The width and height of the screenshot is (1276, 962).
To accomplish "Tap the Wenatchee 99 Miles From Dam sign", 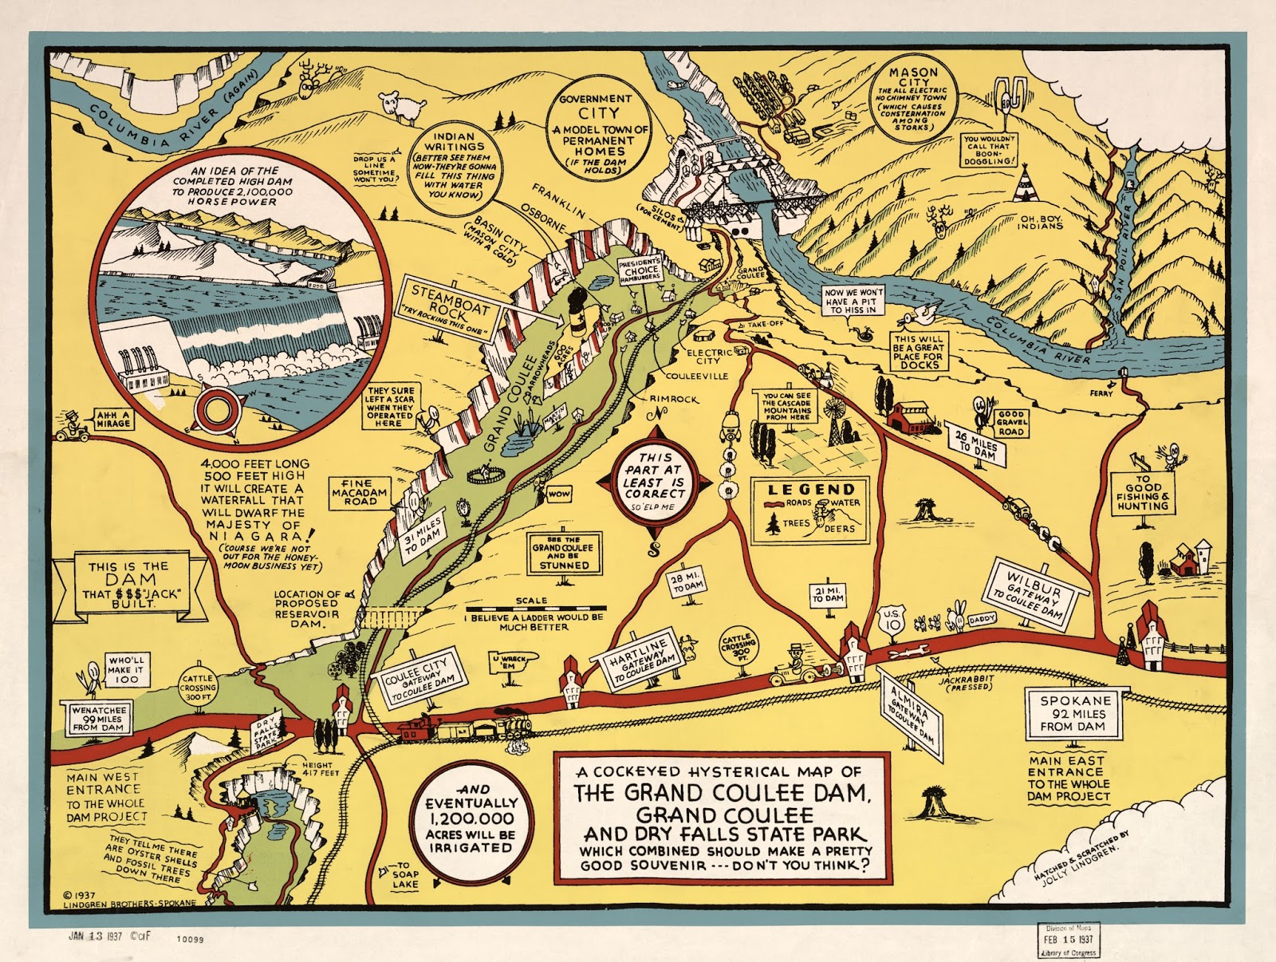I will click(x=96, y=718).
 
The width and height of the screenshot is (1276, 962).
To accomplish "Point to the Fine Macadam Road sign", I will click(x=360, y=492).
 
